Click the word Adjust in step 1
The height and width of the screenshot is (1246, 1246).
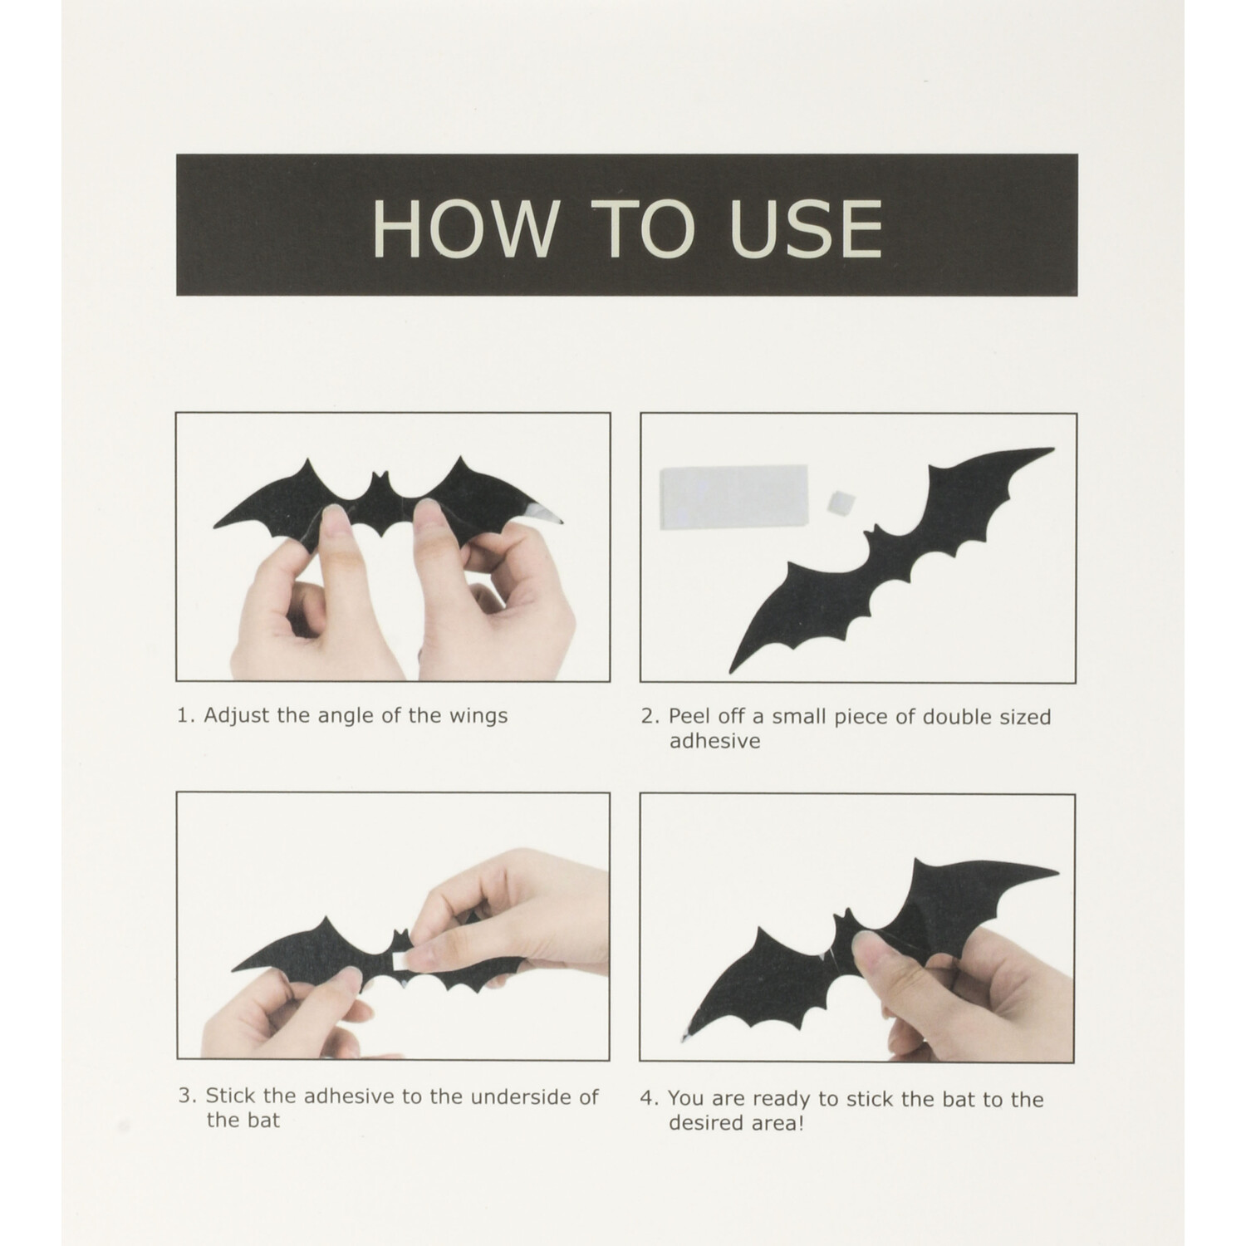click(x=238, y=717)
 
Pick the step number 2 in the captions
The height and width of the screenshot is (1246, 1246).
click(x=649, y=717)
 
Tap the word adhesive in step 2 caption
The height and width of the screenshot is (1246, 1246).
click(x=715, y=741)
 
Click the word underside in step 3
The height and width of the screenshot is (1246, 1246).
click(x=518, y=1096)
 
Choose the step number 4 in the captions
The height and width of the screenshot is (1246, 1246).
click(x=649, y=1099)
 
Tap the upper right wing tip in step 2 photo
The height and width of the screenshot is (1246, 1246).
click(x=1052, y=449)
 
